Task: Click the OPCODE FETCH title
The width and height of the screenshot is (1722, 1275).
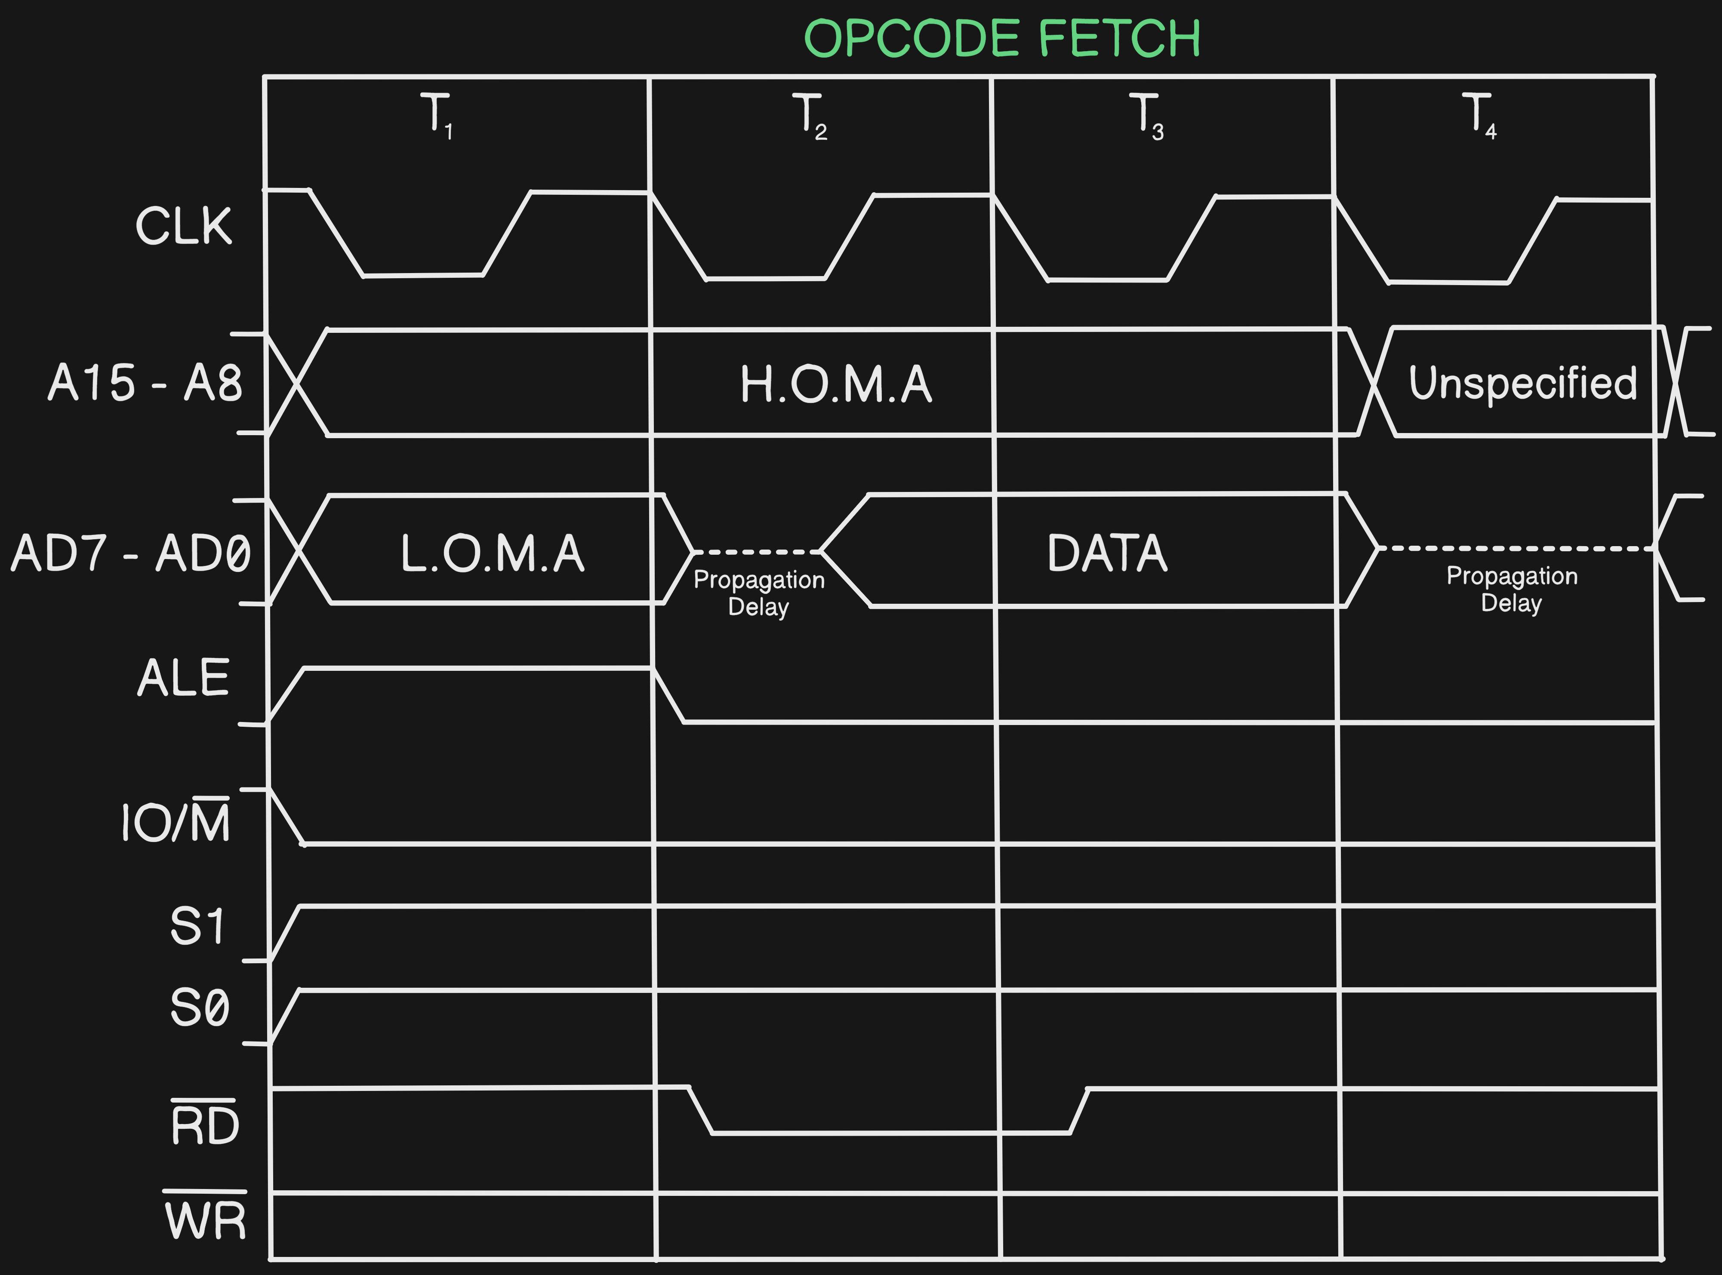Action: coord(1002,39)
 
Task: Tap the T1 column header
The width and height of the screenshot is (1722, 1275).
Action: coord(437,116)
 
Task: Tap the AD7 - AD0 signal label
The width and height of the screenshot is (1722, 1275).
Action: coord(131,553)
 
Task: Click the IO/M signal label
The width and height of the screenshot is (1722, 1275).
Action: coord(176,821)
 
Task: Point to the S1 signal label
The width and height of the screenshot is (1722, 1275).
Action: coord(197,926)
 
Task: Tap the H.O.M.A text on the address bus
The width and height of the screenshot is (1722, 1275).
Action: coord(836,384)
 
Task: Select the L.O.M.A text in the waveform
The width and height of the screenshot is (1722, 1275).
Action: coord(493,553)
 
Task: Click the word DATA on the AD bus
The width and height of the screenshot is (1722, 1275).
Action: coord(1107,553)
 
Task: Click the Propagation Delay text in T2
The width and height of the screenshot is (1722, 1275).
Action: coord(759,593)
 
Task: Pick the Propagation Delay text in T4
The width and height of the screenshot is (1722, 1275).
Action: coord(1511,589)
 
